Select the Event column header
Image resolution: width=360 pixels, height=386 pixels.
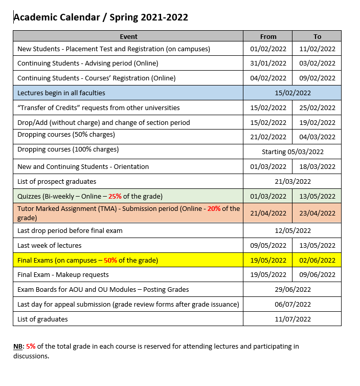point(128,36)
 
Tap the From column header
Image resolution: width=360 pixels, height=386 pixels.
point(268,36)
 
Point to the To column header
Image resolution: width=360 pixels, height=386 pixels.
point(317,36)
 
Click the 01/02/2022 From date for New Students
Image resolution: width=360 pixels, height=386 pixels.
point(268,49)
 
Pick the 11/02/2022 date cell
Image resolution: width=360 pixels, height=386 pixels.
point(317,49)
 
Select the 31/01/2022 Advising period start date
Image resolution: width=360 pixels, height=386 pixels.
point(268,63)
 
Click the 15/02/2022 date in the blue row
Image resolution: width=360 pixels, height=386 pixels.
point(292,93)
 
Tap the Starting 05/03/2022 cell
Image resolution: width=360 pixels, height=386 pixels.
point(292,152)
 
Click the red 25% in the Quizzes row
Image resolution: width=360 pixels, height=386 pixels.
point(116,196)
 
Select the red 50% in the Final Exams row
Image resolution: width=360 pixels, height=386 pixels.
point(110,260)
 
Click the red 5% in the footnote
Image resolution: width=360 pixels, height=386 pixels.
point(31,346)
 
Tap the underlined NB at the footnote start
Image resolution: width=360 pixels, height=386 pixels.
point(18,346)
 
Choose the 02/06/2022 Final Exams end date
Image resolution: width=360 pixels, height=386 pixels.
point(317,260)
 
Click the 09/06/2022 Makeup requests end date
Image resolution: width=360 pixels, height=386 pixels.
point(317,275)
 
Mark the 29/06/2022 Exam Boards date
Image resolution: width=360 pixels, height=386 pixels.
point(292,289)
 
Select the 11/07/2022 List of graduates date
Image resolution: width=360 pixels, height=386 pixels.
point(292,319)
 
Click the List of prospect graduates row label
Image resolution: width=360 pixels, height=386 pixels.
point(57,181)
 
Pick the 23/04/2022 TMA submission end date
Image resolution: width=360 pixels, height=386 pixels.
point(317,212)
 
